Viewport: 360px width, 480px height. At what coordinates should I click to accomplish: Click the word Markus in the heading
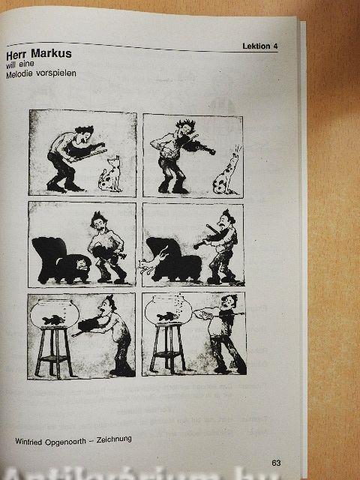pyautogui.click(x=51, y=54)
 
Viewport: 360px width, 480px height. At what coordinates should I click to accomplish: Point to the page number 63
pyautogui.click(x=276, y=463)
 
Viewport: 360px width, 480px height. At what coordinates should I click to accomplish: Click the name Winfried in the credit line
pyautogui.click(x=29, y=442)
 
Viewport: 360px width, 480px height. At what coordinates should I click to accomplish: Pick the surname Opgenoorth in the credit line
pyautogui.click(x=65, y=442)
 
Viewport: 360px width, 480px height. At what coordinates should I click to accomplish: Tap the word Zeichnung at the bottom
pyautogui.click(x=114, y=439)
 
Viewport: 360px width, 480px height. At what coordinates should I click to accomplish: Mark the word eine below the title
pyautogui.click(x=26, y=64)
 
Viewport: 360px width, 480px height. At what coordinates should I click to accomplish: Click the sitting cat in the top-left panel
pyautogui.click(x=110, y=175)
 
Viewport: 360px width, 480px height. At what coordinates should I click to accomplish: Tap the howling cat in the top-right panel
pyautogui.click(x=226, y=173)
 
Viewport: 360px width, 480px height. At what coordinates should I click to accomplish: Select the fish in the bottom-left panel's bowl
pyautogui.click(x=53, y=320)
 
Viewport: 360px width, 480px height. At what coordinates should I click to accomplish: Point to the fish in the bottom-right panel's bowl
pyautogui.click(x=167, y=316)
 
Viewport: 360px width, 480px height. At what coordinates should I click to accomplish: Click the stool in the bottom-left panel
pyautogui.click(x=54, y=352)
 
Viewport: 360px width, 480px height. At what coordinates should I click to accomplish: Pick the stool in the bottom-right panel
pyautogui.click(x=167, y=348)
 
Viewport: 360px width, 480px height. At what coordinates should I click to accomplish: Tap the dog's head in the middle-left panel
pyautogui.click(x=82, y=265)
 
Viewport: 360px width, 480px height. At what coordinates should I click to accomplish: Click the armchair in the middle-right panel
pyautogui.click(x=173, y=259)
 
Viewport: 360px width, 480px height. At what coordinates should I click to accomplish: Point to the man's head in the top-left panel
pyautogui.click(x=85, y=135)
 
